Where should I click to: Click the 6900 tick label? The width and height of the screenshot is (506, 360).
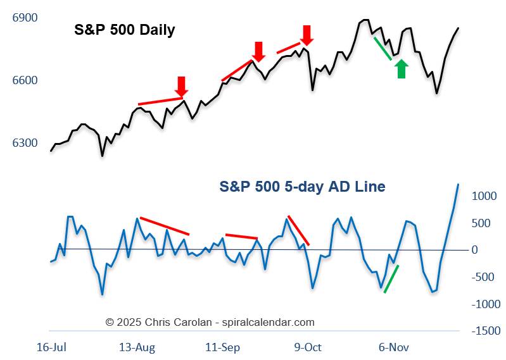coord(25,18)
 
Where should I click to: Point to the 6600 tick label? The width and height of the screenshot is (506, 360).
coord(25,80)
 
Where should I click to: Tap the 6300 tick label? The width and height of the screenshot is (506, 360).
coord(25,143)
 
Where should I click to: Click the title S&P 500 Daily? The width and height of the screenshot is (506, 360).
coord(124,30)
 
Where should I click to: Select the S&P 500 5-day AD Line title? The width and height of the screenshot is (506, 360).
coord(302,187)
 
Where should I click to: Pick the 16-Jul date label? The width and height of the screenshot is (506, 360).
coord(52,347)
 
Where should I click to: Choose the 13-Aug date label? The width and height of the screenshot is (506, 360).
coord(137,347)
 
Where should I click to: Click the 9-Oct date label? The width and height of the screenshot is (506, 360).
coord(308,347)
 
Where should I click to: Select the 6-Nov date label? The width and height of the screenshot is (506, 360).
coord(393,347)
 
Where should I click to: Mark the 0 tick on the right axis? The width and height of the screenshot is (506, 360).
coord(475,250)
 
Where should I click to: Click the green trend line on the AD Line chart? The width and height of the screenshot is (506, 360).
coord(391,279)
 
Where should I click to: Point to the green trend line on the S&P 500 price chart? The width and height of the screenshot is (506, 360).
coord(383,48)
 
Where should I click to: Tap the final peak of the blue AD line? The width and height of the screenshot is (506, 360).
coord(458,184)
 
